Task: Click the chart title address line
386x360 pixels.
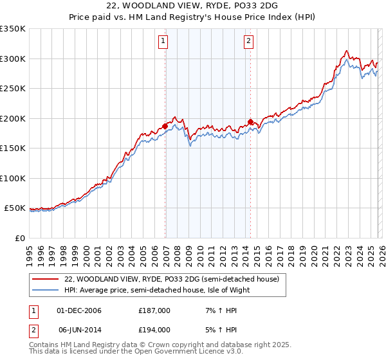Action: (192, 6)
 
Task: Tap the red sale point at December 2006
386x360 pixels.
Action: (165, 126)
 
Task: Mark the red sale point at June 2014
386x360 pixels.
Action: (250, 122)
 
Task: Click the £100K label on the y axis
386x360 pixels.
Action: (14, 178)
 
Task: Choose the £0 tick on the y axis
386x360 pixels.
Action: (19, 238)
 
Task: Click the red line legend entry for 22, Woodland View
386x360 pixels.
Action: (171, 279)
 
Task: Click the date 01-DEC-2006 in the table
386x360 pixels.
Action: (79, 310)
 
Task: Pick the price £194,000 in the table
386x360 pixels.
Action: (154, 329)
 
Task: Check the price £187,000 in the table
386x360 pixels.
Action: (154, 310)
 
